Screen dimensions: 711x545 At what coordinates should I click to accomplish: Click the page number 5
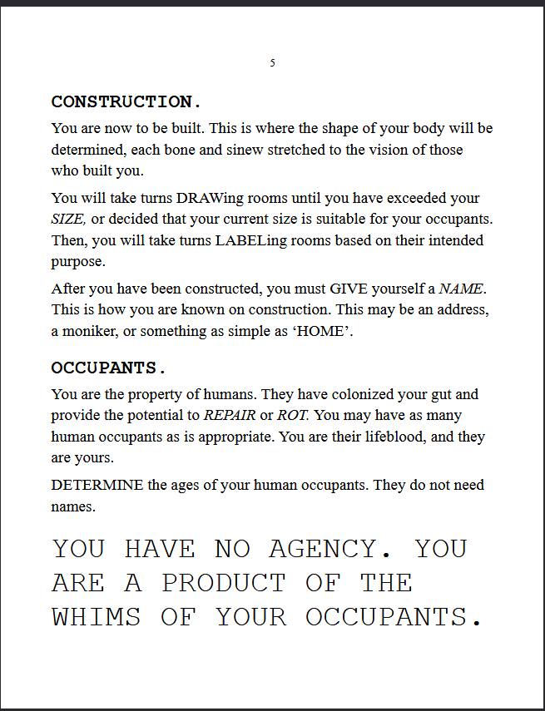point(273,63)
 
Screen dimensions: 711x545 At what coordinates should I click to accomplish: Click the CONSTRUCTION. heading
point(126,102)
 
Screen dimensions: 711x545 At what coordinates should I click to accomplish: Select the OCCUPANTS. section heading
point(109,368)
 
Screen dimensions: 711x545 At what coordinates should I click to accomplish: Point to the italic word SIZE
point(68,220)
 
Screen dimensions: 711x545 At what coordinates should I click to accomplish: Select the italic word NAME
point(461,289)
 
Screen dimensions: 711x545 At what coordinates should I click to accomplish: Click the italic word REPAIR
point(229,415)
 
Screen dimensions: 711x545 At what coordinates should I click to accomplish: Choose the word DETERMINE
point(97,485)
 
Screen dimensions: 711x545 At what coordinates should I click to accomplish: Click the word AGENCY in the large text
point(322,549)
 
